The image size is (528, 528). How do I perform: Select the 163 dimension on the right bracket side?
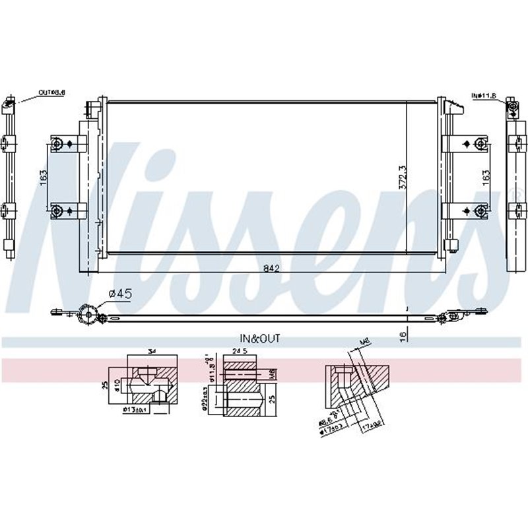(485, 177)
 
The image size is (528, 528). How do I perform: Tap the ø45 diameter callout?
(117, 293)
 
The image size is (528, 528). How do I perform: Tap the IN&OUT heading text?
(260, 338)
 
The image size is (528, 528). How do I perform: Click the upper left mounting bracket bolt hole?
(57, 143)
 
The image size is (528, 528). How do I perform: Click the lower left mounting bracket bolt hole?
(57, 211)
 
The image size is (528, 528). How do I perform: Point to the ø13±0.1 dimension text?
(137, 410)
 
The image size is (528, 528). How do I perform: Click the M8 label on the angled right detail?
(362, 342)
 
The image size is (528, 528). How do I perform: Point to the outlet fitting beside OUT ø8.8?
(9, 104)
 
